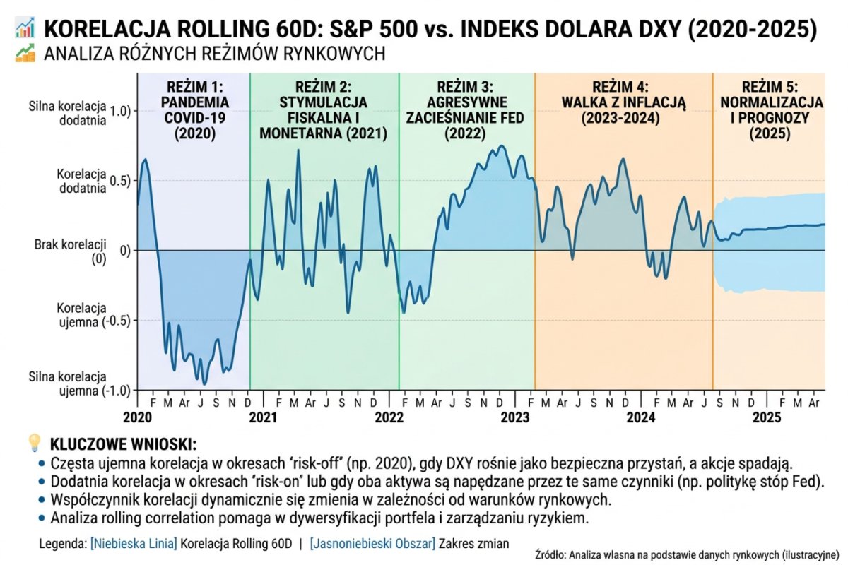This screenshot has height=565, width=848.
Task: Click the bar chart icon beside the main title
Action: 25,29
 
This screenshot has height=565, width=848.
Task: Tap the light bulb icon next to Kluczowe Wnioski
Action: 34,444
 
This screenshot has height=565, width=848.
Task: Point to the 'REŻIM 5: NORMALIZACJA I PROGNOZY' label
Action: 770,110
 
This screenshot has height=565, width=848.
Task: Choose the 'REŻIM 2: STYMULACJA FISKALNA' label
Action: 324,110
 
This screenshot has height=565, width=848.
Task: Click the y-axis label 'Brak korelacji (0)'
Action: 70,251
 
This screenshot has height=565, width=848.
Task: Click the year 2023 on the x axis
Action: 515,417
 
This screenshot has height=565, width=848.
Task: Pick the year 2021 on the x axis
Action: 263,417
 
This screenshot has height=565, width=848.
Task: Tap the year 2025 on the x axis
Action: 766,417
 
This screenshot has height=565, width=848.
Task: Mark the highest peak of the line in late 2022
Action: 502,146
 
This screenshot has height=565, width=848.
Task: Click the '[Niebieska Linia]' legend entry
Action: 134,544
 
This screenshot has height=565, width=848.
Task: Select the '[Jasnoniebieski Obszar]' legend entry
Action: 372,544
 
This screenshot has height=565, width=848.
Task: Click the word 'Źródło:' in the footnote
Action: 551,554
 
